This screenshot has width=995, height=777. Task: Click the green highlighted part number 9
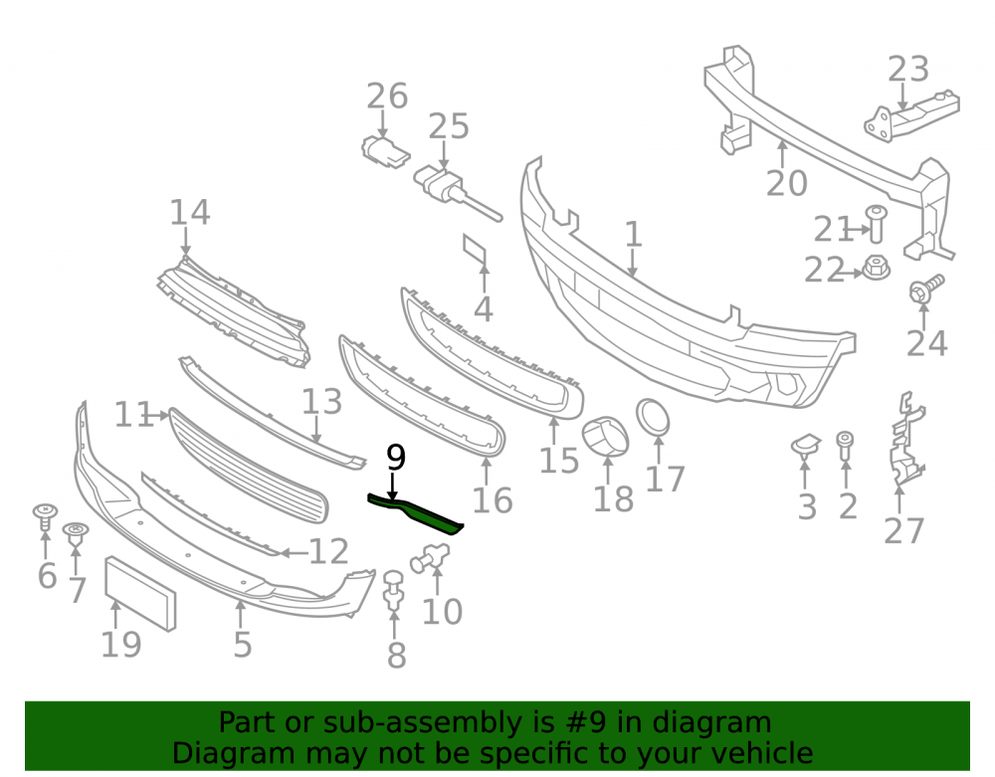click(416, 512)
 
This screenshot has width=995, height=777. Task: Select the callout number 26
click(387, 97)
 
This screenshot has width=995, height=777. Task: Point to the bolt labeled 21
click(877, 223)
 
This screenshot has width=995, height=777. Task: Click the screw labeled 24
click(926, 290)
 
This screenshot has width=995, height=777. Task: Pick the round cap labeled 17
click(653, 417)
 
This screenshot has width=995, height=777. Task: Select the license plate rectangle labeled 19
click(140, 594)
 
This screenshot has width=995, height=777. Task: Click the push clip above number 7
click(76, 533)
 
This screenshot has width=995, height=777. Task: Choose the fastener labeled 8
click(394, 591)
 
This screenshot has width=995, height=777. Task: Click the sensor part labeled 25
click(454, 191)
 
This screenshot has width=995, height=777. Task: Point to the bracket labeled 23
click(911, 114)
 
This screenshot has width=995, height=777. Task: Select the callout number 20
click(787, 183)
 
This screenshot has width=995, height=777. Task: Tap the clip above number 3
click(806, 446)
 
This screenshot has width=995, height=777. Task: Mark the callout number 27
click(904, 531)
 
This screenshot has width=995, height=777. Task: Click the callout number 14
click(190, 213)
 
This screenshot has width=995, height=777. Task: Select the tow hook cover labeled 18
click(605, 437)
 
